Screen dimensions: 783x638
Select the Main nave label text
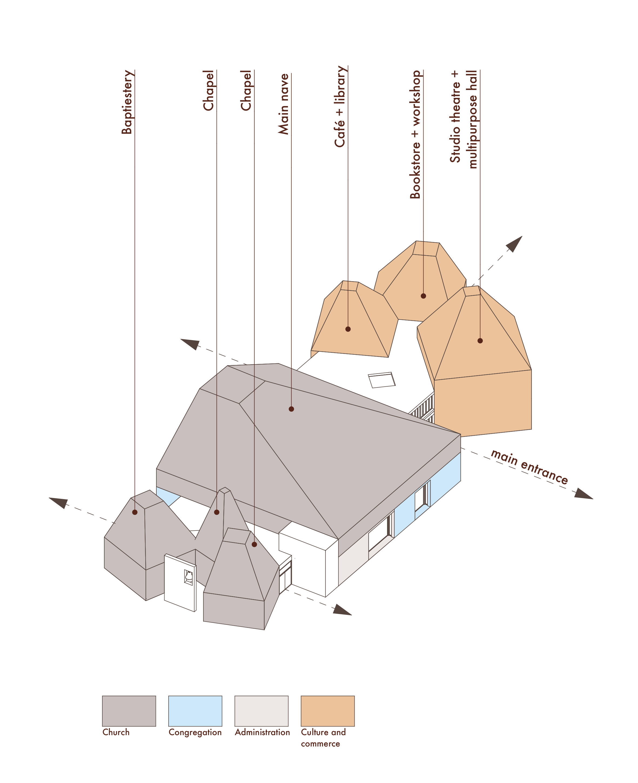click(x=283, y=104)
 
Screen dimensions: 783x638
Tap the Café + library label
click(x=340, y=107)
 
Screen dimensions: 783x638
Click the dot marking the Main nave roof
click(x=291, y=409)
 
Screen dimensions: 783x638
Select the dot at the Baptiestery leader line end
click(x=135, y=512)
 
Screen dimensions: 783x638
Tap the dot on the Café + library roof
click(x=348, y=329)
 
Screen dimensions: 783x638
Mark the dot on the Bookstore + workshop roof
click(x=423, y=296)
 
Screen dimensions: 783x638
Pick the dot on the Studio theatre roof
click(x=480, y=341)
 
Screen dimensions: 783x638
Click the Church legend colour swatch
click(x=129, y=711)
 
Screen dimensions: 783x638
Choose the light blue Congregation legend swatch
click(x=195, y=711)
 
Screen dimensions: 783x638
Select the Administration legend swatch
click(x=261, y=711)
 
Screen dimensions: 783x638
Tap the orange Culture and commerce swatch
click(x=327, y=711)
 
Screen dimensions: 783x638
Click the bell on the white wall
click(x=189, y=576)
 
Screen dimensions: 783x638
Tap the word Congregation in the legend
click(x=195, y=732)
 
